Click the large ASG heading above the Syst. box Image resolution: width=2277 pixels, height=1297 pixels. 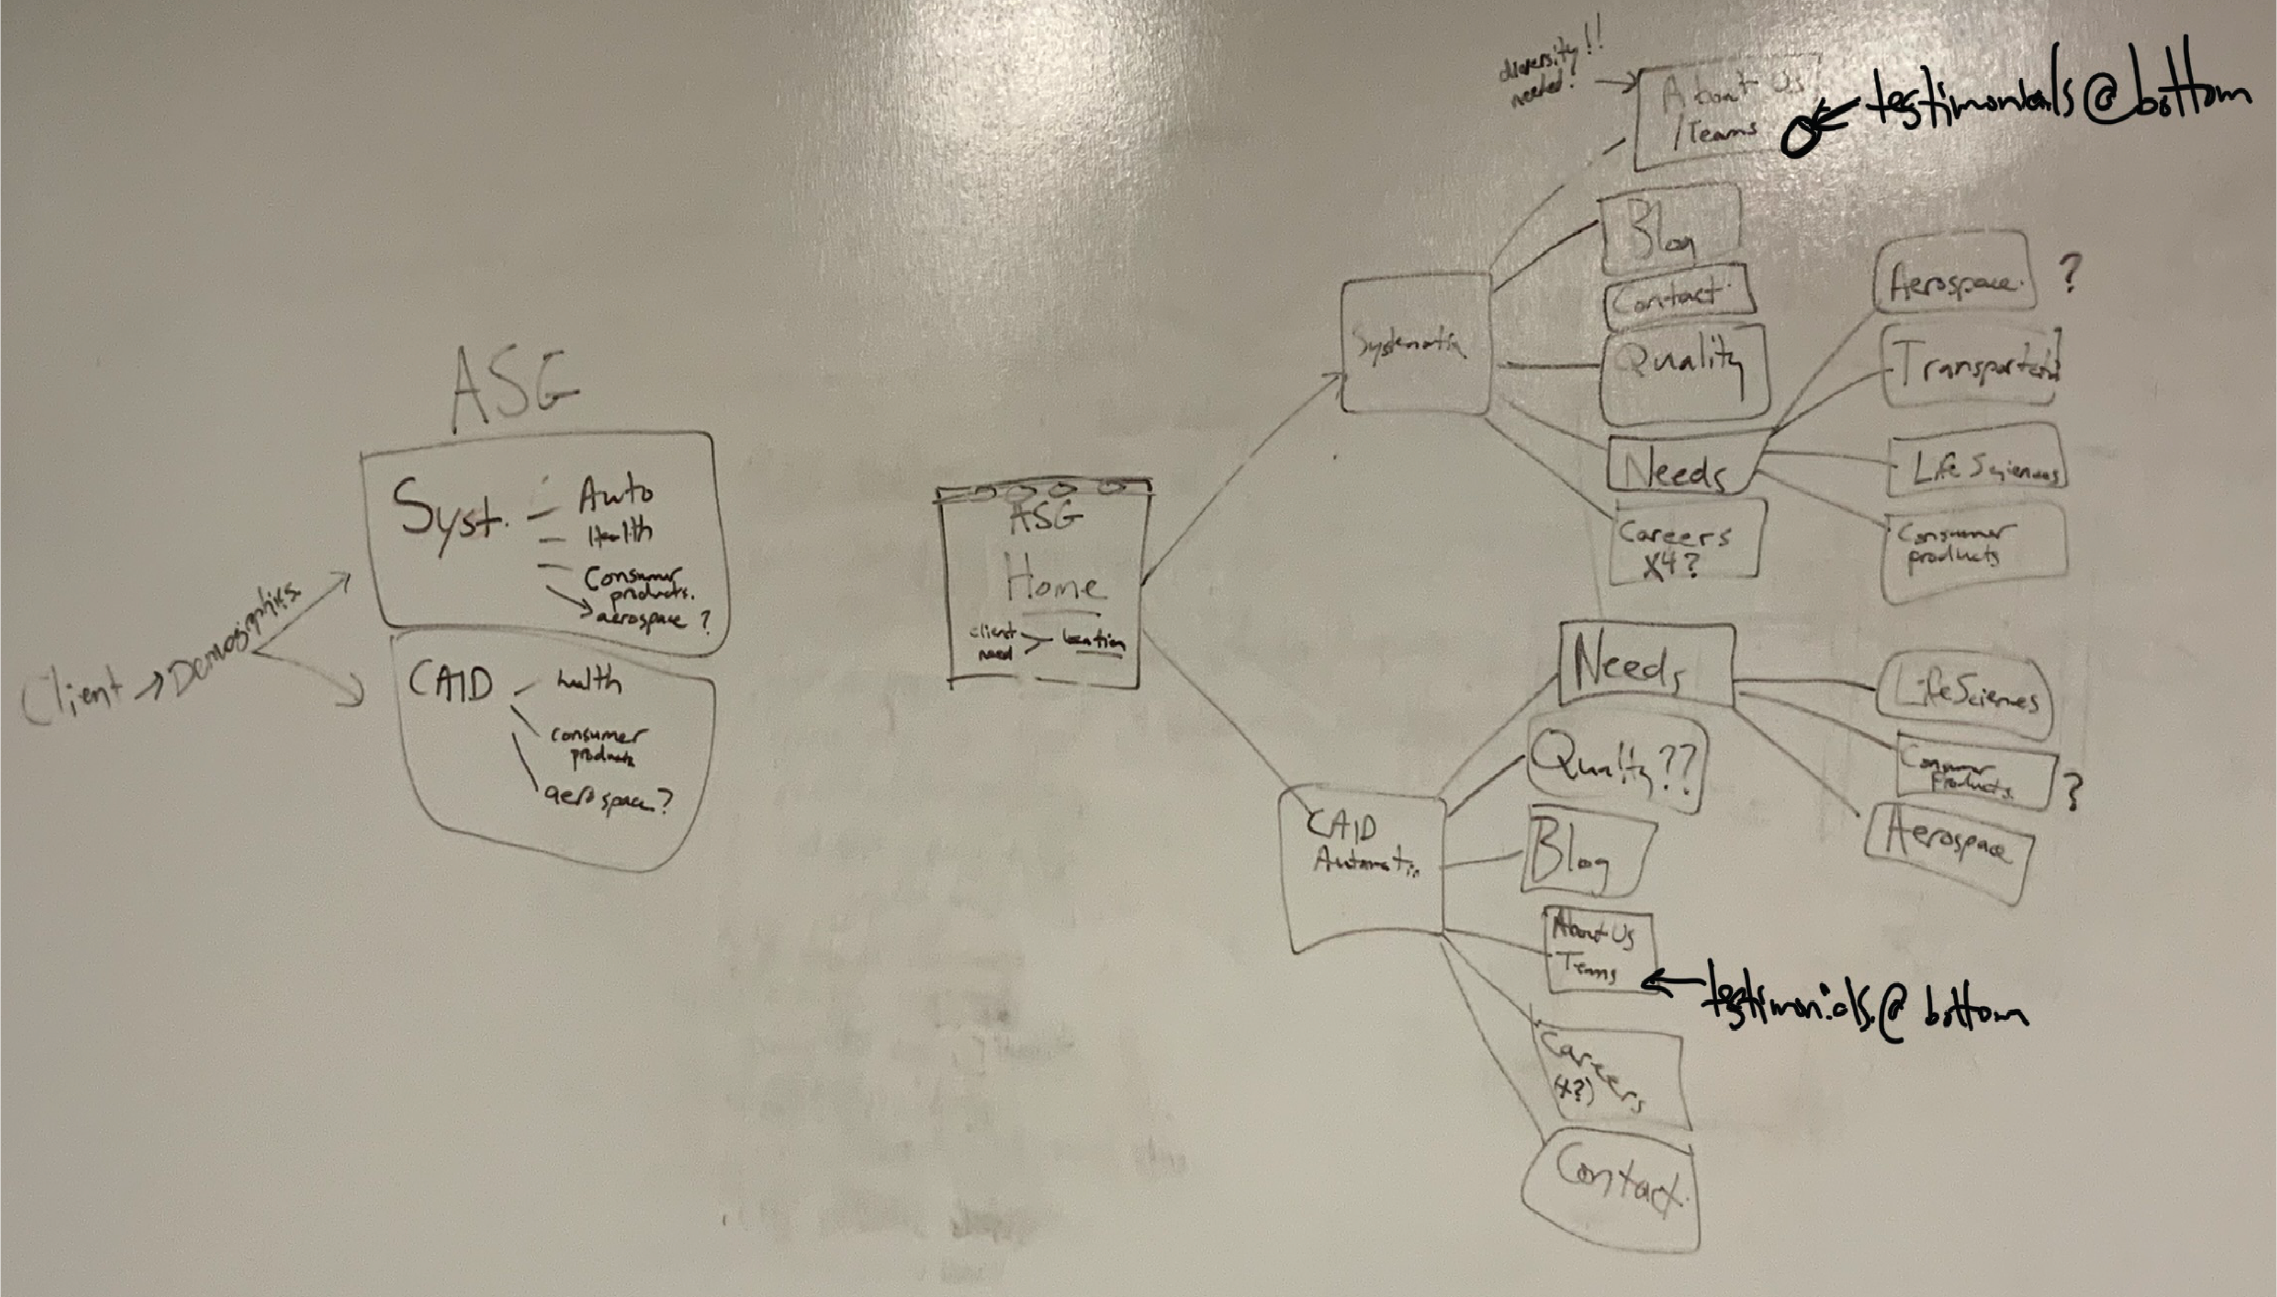[x=514, y=390]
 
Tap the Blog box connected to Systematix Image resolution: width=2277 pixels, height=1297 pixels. [x=1667, y=230]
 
